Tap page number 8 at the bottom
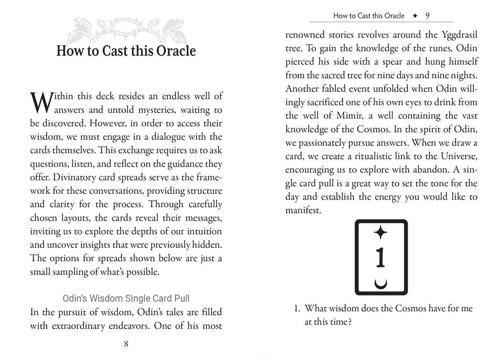[126, 344]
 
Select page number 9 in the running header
[427, 16]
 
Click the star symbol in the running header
[414, 16]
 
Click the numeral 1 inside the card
[381, 257]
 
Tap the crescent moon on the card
[381, 283]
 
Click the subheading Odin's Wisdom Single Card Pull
[126, 298]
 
